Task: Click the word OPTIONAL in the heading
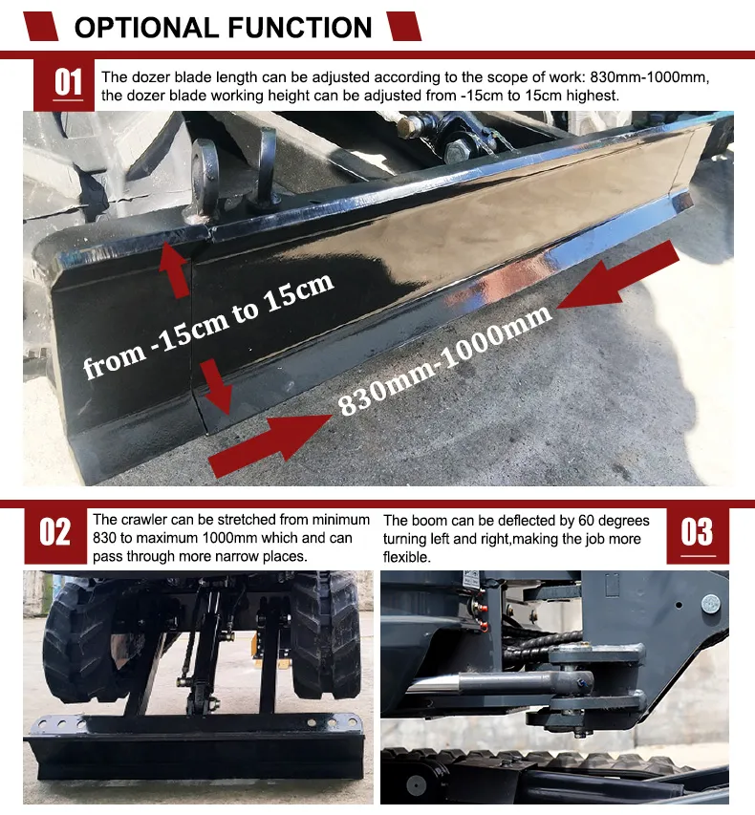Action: tap(146, 28)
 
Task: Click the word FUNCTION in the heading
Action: tap(300, 28)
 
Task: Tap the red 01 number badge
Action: tap(64, 85)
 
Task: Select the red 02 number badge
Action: tap(55, 535)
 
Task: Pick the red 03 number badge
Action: tap(698, 535)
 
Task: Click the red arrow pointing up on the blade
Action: tap(175, 269)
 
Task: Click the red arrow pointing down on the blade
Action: tap(215, 386)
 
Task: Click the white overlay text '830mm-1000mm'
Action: tap(445, 359)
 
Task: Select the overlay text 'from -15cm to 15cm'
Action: tap(208, 327)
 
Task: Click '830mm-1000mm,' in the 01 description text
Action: tap(650, 77)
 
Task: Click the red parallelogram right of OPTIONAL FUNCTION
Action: tap(403, 27)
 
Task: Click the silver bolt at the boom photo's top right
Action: tap(711, 604)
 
